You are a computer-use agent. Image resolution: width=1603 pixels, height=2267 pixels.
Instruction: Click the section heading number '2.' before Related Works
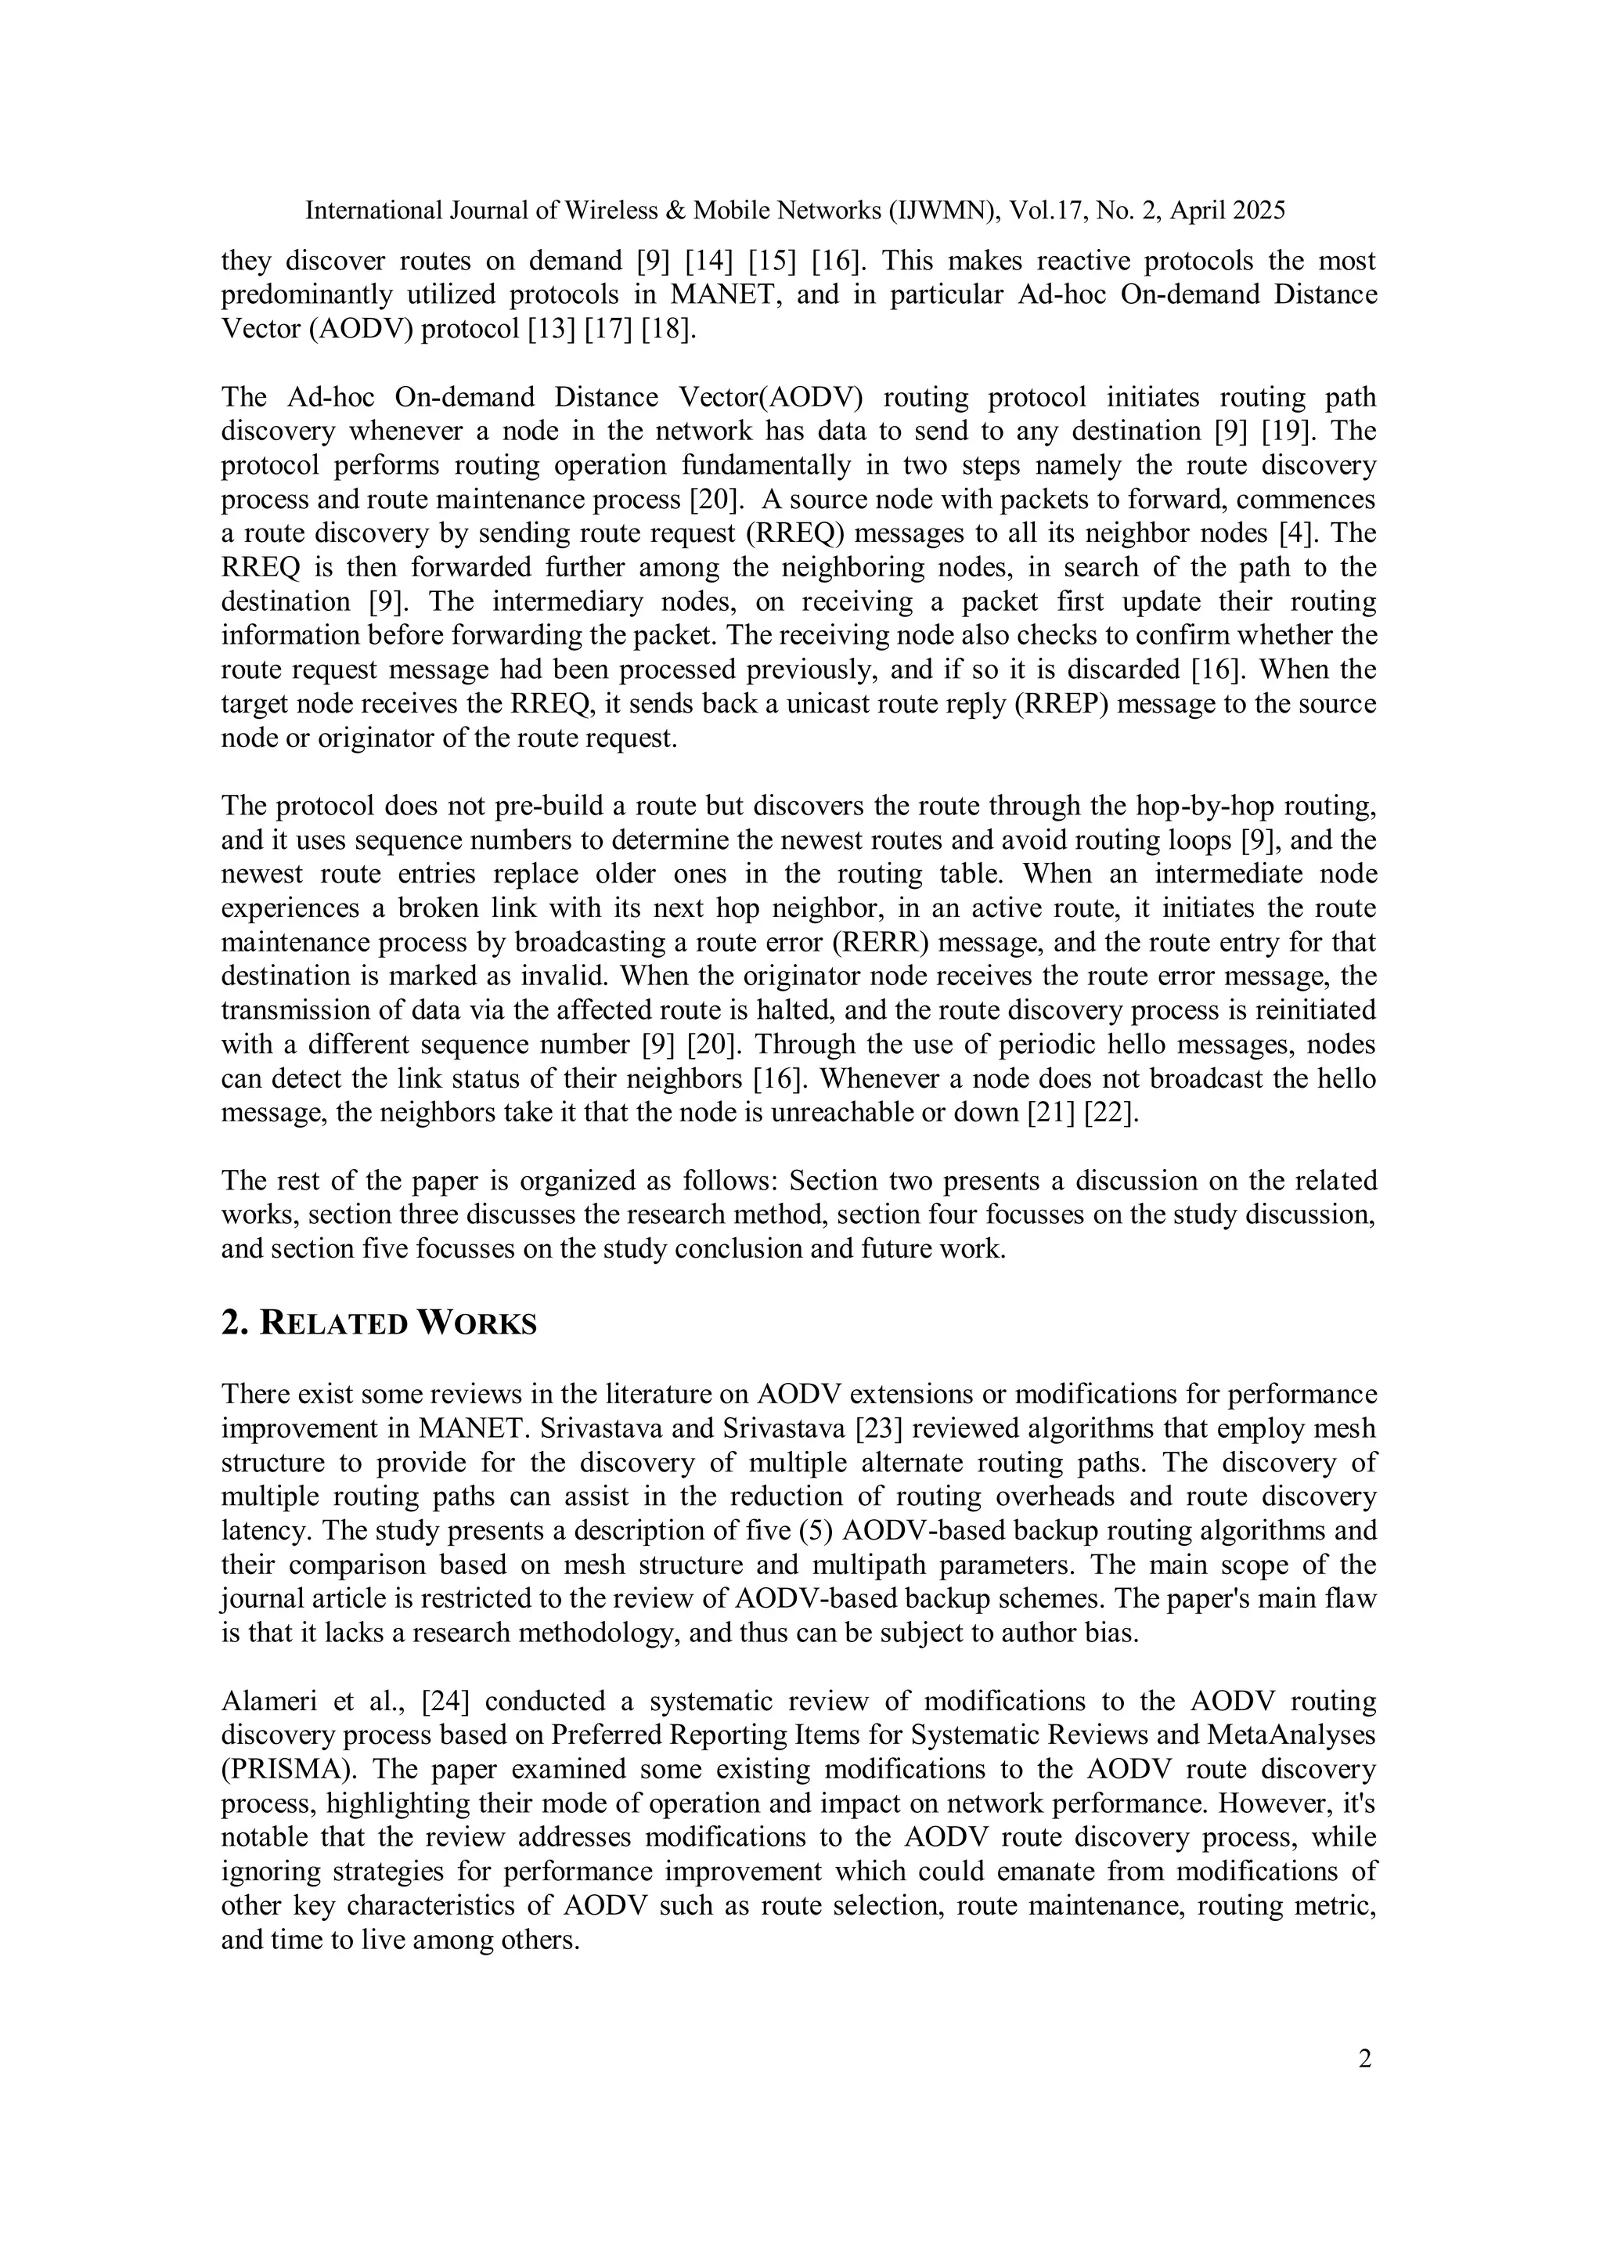pos(234,1324)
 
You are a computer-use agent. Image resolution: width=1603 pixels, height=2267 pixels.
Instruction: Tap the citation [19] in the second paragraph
pos(1292,431)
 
